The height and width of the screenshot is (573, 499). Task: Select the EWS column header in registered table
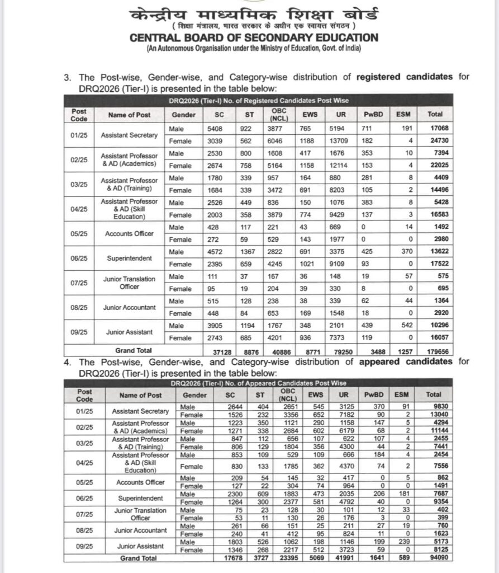(x=310, y=114)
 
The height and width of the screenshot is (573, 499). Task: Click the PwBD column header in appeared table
(x=376, y=395)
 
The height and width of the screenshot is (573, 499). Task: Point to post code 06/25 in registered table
(x=79, y=259)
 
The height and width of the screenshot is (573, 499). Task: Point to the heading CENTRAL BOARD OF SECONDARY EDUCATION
(x=254, y=38)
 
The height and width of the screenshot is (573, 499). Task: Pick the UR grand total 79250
(x=342, y=351)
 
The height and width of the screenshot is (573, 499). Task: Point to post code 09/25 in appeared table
(x=79, y=546)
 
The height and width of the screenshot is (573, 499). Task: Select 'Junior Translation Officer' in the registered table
(x=136, y=283)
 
